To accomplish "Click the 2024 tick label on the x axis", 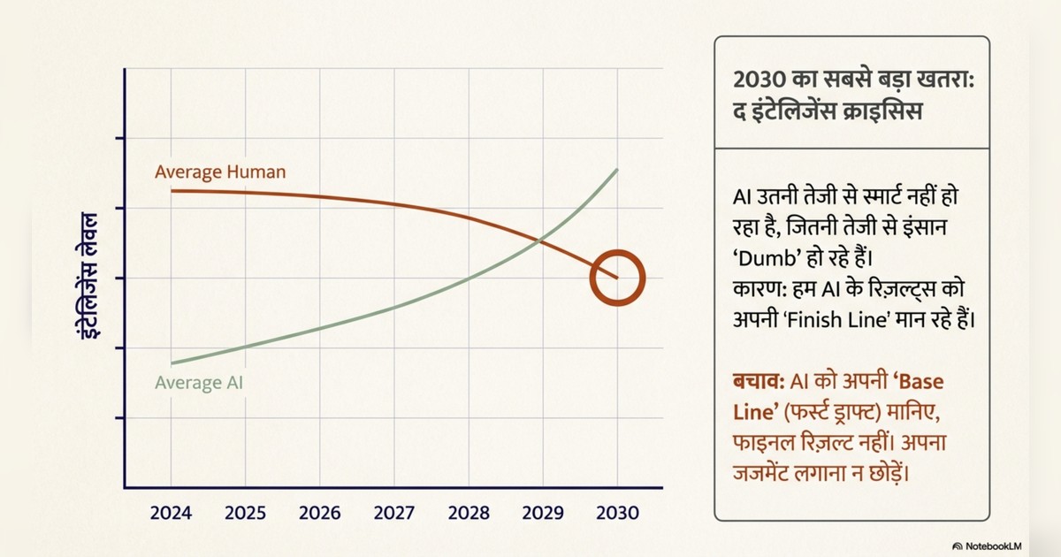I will click(172, 513).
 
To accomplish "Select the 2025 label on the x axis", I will click(246, 513).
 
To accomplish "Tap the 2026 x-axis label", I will click(320, 513).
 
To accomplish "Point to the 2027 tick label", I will click(394, 513).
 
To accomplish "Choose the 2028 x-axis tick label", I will click(469, 513).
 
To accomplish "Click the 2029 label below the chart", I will click(543, 513).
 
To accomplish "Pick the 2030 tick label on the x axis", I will click(617, 513).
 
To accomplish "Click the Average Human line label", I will click(220, 172).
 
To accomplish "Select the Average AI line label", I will click(199, 384).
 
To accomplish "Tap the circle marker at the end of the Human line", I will click(617, 278).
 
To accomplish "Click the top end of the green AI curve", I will click(617, 169).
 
